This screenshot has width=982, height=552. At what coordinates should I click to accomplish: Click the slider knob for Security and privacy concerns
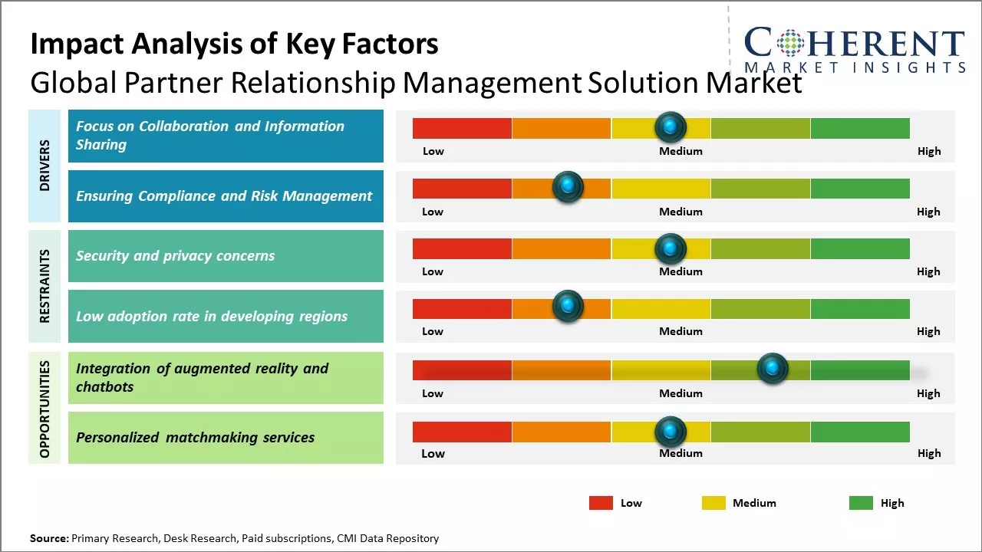[671, 248]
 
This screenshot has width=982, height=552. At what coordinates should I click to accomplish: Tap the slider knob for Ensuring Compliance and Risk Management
[568, 186]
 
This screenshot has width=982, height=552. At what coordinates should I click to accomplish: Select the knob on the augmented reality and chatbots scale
[773, 369]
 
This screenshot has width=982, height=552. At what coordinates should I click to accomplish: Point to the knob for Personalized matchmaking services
[671, 432]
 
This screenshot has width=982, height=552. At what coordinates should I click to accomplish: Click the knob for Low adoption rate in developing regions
[568, 307]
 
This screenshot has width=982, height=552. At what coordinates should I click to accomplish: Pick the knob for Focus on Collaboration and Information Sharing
[671, 127]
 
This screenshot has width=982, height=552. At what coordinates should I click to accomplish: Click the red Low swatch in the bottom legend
[601, 503]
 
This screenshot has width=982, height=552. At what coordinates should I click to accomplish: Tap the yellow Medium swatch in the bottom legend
[713, 503]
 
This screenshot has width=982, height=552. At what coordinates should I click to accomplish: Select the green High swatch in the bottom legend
[861, 503]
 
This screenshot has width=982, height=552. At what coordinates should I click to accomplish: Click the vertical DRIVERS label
[44, 166]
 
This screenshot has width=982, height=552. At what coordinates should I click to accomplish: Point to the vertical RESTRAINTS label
[44, 286]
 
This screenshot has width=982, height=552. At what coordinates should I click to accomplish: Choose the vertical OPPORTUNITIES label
[44, 409]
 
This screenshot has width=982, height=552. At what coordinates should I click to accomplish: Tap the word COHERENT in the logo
[854, 43]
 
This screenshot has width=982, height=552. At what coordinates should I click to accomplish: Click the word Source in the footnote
[48, 538]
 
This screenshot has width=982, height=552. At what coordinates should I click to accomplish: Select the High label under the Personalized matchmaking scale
[928, 453]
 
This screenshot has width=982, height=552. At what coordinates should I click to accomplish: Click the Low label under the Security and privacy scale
[433, 271]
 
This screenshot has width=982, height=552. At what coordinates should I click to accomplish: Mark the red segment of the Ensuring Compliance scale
[462, 189]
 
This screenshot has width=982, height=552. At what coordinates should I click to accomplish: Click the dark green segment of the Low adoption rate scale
[860, 309]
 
